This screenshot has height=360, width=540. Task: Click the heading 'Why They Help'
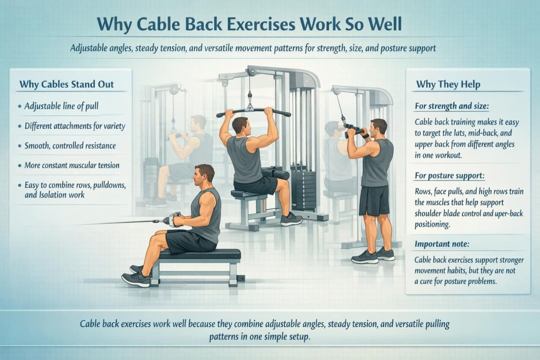point(448,84)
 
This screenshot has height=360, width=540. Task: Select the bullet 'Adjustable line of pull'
point(61,106)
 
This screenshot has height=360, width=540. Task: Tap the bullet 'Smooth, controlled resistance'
point(70,145)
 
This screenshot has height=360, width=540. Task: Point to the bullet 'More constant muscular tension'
point(72,166)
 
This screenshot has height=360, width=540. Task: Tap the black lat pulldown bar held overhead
point(253,111)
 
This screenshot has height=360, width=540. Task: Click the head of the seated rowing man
point(204,174)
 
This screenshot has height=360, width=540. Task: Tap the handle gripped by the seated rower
point(175,219)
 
